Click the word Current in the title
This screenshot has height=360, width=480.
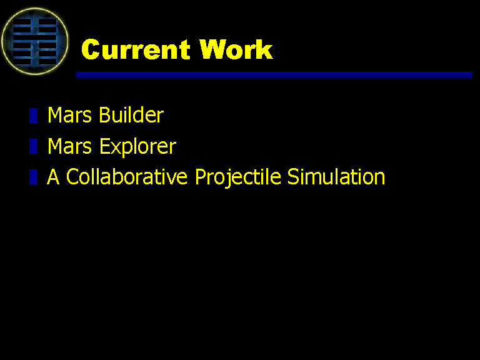pos(136,49)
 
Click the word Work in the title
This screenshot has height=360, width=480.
pos(236,49)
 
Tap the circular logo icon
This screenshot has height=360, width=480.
pos(35,41)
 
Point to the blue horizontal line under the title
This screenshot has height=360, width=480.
pos(274,76)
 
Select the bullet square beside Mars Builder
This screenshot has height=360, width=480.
pos(33,116)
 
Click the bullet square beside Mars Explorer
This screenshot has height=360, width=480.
pos(33,146)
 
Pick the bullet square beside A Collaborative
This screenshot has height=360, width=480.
pos(33,177)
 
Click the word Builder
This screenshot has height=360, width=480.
pos(131,115)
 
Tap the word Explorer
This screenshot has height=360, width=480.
pos(137,147)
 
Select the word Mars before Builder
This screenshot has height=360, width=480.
pos(69,115)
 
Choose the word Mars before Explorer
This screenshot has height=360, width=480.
pos(69,146)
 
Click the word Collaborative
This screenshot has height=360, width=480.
pos(127,177)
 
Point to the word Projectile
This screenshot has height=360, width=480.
pos(238,177)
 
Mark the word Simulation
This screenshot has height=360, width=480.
pos(336,177)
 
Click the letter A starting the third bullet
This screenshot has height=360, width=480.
pos(53,177)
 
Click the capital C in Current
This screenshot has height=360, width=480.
pos(91,49)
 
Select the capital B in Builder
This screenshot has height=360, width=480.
pos(105,115)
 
